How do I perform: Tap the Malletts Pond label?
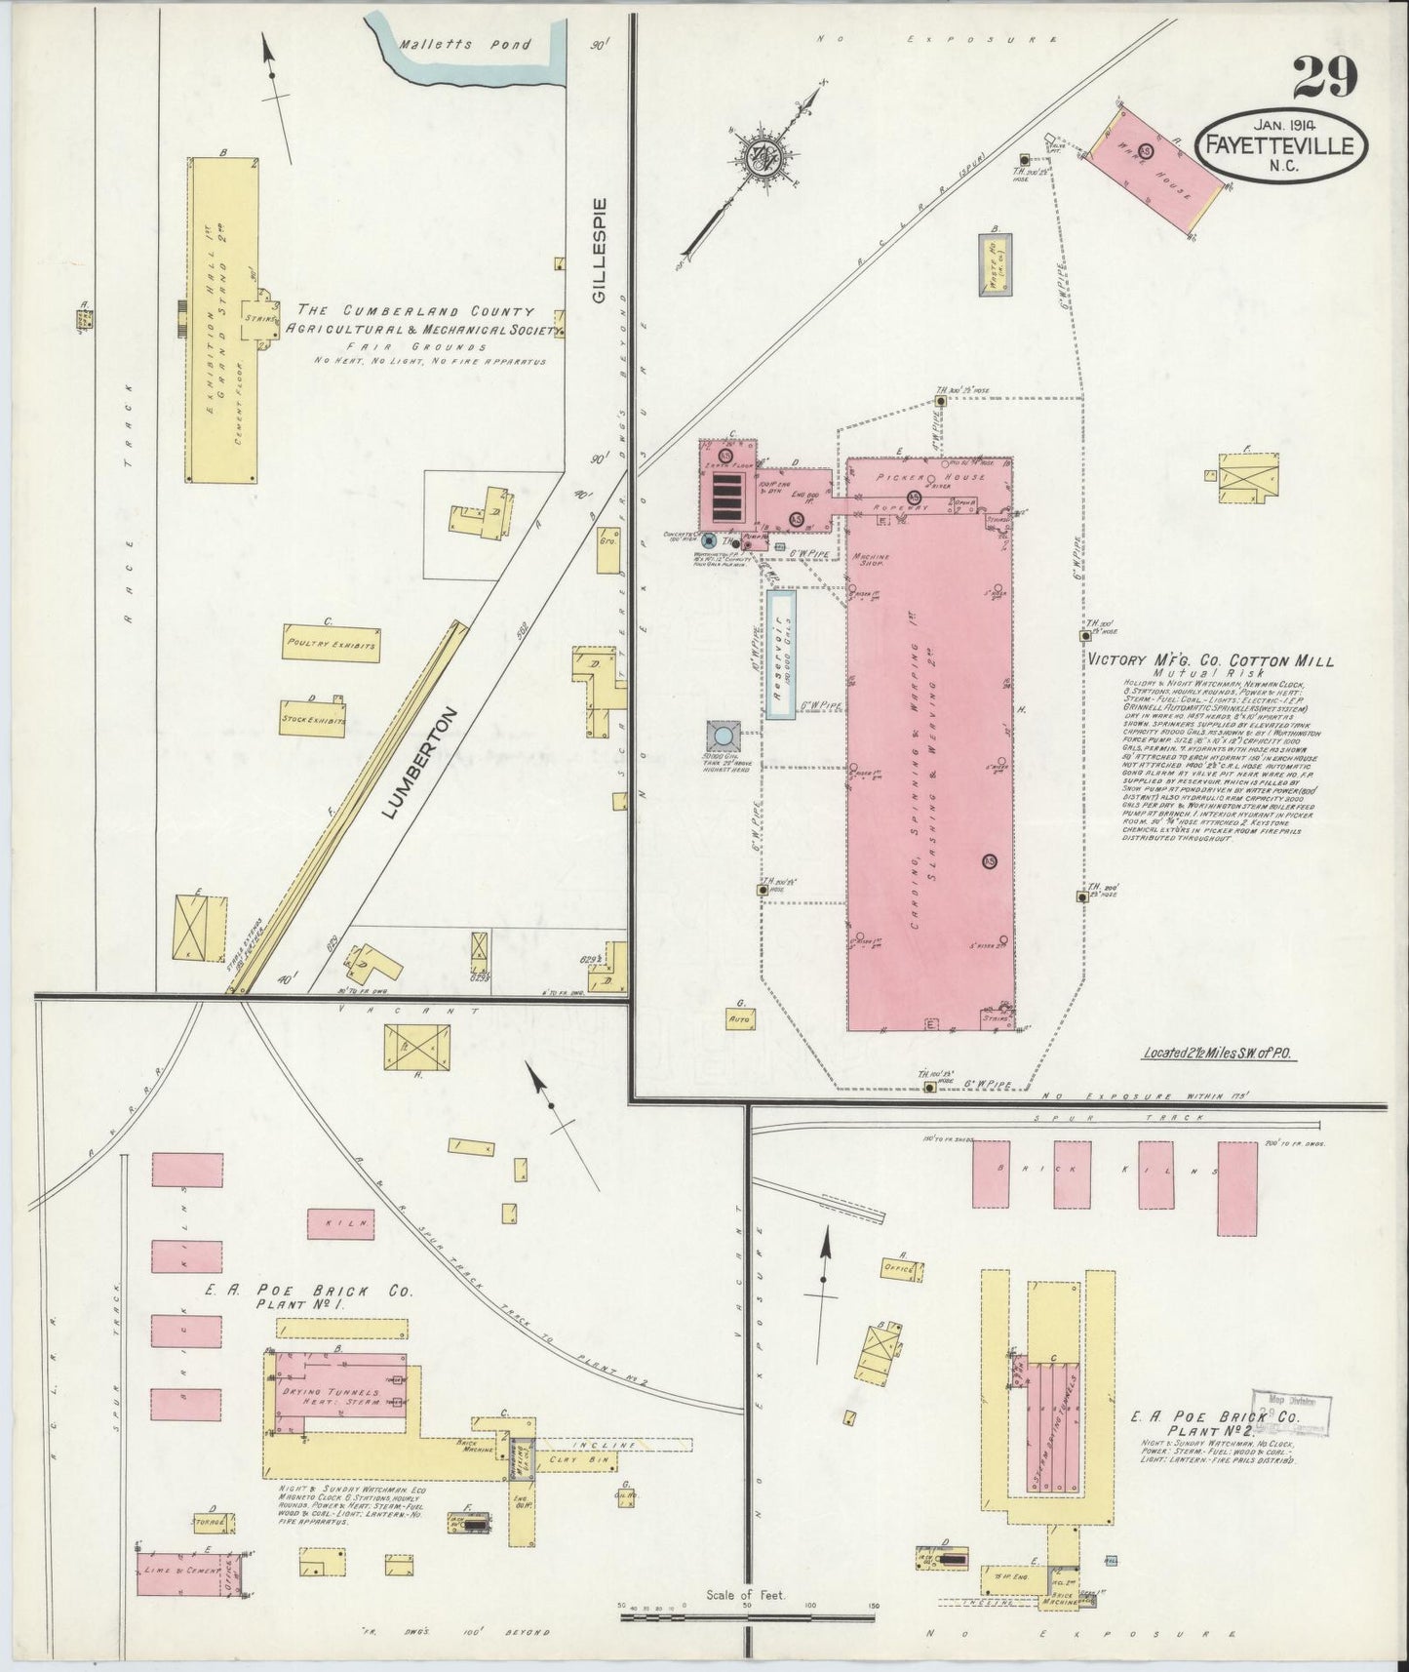coord(464,45)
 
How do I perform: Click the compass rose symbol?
coord(759,158)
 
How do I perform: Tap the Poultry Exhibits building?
coord(329,645)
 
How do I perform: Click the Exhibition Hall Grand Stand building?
coord(223,318)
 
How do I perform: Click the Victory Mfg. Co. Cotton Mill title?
coord(1210,660)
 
